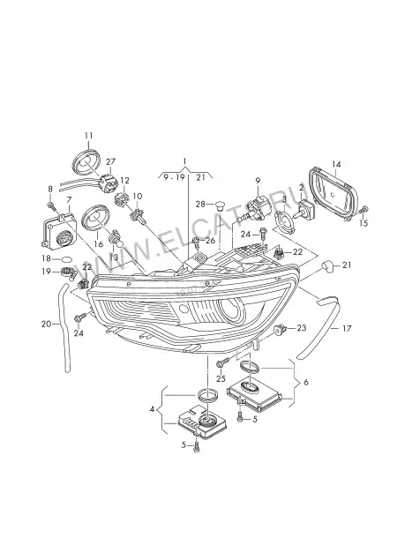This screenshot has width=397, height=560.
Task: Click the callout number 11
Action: pyautogui.click(x=88, y=136)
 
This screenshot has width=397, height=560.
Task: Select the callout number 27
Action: pyautogui.click(x=111, y=161)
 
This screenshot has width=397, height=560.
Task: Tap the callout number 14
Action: pyautogui.click(x=336, y=164)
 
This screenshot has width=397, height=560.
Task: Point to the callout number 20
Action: pyautogui.click(x=47, y=324)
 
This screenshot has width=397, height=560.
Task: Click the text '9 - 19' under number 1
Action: pyautogui.click(x=174, y=177)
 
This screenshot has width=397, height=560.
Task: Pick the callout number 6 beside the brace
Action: pyautogui.click(x=306, y=382)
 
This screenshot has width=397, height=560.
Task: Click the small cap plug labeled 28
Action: pyautogui.click(x=219, y=205)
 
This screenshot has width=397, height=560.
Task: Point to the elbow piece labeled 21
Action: pyautogui.click(x=328, y=266)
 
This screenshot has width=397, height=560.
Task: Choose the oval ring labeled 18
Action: pyautogui.click(x=67, y=258)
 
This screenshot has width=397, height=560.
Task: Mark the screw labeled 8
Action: pyautogui.click(x=50, y=205)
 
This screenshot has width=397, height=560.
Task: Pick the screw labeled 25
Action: pyautogui.click(x=222, y=363)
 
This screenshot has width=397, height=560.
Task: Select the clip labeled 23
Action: pyautogui.click(x=281, y=328)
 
